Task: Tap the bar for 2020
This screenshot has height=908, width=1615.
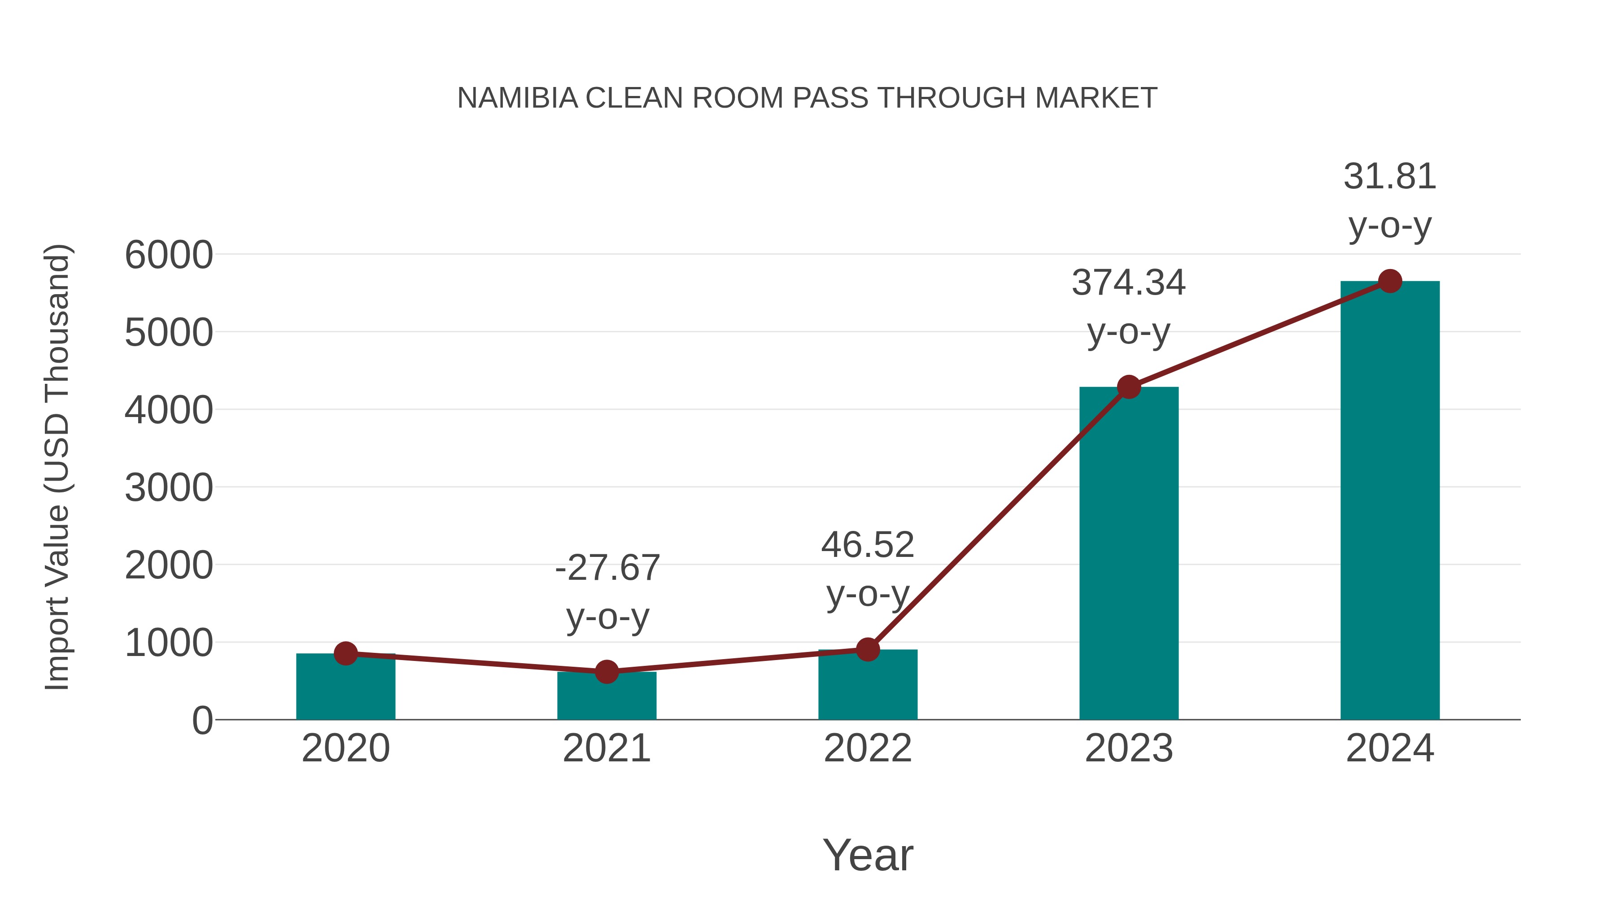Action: (345, 689)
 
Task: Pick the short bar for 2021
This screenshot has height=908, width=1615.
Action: (606, 697)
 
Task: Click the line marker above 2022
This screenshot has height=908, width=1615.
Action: (868, 650)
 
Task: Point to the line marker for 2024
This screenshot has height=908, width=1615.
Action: (1390, 281)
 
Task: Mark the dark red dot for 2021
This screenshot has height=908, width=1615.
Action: (606, 672)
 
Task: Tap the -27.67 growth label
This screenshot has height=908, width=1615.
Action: (607, 569)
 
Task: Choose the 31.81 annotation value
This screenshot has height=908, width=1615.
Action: (1390, 177)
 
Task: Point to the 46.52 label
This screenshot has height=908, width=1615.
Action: (868, 545)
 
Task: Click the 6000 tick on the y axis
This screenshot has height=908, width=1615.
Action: (169, 255)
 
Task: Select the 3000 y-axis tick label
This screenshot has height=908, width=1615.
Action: (169, 488)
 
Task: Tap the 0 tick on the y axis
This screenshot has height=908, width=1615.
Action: (202, 721)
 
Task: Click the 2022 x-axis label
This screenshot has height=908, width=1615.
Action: (868, 748)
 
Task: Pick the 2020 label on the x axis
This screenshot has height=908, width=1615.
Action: (345, 748)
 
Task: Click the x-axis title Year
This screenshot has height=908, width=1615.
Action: (868, 855)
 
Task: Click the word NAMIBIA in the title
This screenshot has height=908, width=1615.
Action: (517, 98)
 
